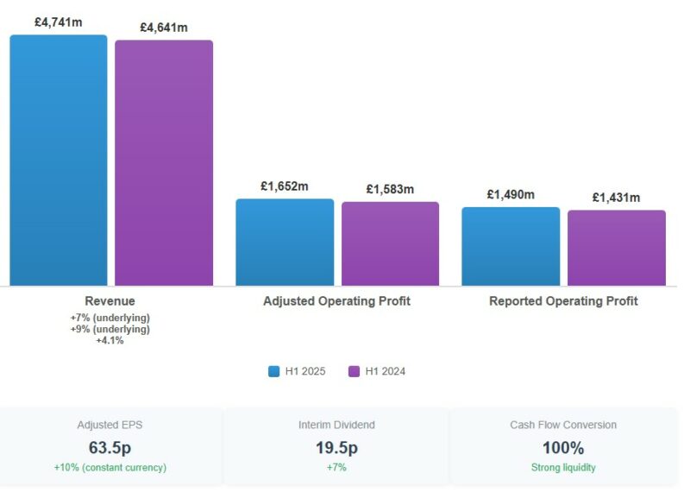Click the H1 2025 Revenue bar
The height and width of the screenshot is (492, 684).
pos(59,160)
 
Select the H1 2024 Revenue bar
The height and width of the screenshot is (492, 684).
pos(164,162)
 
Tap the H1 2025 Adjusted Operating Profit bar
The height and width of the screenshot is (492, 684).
pos(285,242)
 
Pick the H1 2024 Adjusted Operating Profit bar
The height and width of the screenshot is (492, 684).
pos(390,243)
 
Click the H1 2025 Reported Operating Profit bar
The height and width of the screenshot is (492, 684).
pos(511,246)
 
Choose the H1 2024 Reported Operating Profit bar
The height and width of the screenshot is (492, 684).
pos(616,248)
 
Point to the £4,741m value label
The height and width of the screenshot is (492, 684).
pos(59,22)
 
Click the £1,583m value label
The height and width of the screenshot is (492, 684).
pos(390,189)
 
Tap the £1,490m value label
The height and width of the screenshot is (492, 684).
pos(511,194)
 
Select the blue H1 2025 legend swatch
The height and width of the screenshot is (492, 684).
pos(273,371)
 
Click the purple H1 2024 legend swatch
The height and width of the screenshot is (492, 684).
pos(354,371)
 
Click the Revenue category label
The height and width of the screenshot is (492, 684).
pos(110,301)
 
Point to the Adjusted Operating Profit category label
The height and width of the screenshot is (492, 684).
pos(336,301)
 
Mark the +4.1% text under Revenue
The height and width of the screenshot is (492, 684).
pos(110,340)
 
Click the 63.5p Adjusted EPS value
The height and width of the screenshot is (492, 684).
pos(110,448)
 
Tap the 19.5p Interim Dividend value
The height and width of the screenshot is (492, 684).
pos(336,448)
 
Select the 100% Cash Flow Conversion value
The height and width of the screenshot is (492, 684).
pos(563,448)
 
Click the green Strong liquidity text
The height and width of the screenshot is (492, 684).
pos(563,468)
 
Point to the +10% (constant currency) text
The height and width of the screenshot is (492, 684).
pos(110,468)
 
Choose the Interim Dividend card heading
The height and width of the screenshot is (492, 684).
pos(336,425)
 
